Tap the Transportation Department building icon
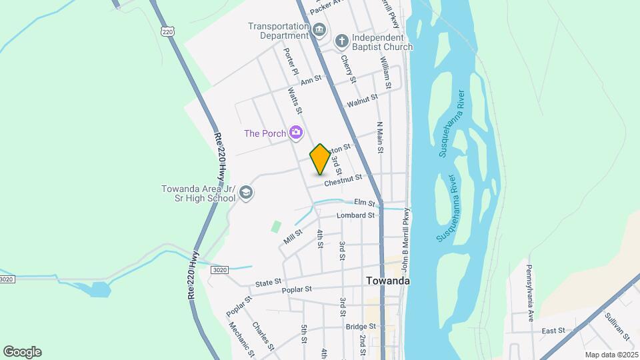coord(319,31)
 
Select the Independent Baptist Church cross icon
coord(342,41)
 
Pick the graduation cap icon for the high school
coord(246,193)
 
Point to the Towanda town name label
coord(388,281)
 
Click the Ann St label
coord(311,80)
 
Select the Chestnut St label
coord(343,179)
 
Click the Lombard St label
coord(355,215)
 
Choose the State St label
coord(269,283)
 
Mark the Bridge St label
coord(361,327)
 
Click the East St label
coord(553,330)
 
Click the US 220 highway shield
coord(167,31)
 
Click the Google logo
coord(22,351)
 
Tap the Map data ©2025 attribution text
coord(610,355)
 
